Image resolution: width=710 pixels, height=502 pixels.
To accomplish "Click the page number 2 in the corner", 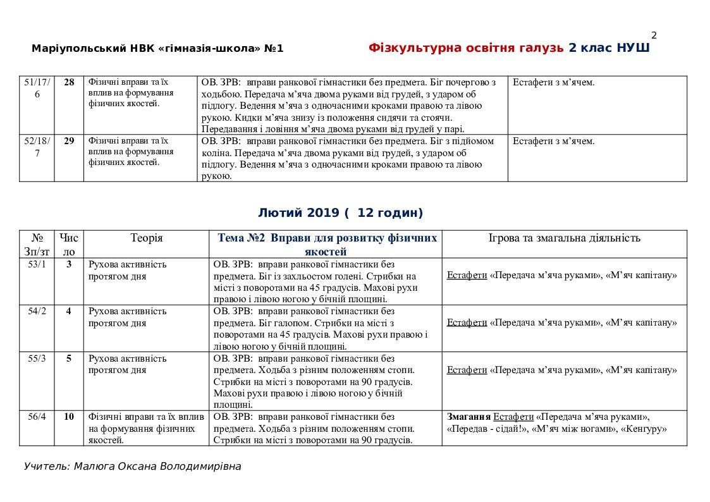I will tap(654, 35).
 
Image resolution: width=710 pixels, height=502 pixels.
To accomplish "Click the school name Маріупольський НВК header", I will tap(157, 49).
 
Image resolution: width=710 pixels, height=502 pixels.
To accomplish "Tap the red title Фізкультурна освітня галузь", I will tap(466, 48).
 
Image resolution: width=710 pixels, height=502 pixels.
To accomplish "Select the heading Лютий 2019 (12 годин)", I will tap(341, 213).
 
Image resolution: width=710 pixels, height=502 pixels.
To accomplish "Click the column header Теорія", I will tap(147, 238).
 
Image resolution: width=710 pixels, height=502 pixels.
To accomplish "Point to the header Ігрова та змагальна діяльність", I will tap(565, 238).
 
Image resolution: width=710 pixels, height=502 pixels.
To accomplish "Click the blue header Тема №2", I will tap(327, 244).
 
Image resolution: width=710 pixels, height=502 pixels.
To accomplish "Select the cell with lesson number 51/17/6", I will tap(37, 88).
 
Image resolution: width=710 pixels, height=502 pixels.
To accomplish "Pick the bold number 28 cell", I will tap(69, 82).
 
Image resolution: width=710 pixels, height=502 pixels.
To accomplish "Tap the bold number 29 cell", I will tap(69, 141).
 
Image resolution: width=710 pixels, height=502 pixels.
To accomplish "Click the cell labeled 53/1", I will tap(37, 264).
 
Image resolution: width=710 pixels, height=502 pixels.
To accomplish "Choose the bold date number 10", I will tap(69, 417).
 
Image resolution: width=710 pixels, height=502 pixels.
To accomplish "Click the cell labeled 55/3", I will tap(37, 358).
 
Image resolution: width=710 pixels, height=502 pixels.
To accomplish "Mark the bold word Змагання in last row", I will tap(468, 417).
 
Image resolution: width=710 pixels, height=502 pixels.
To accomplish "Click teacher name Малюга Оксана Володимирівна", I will tap(132, 467).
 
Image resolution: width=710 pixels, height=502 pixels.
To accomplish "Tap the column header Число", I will tap(69, 244).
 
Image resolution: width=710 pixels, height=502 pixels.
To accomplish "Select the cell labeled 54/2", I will tap(37, 311).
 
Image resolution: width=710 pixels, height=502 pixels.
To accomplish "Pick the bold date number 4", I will tap(69, 311).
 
